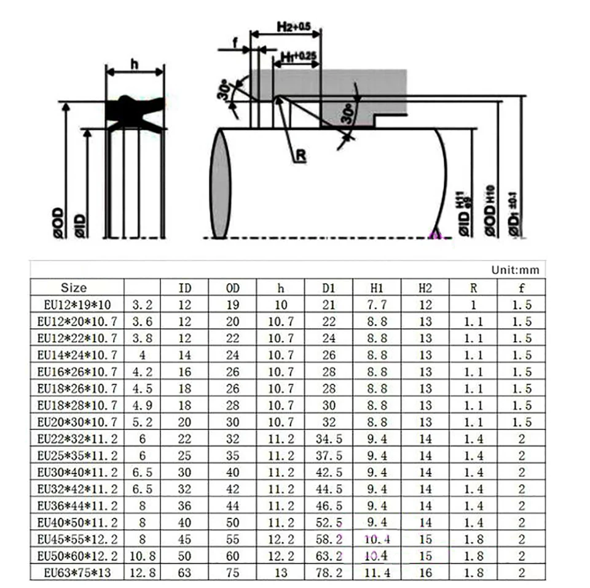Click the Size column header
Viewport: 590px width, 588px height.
point(74,288)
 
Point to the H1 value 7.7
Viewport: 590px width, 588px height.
point(377,304)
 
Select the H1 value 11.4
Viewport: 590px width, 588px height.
point(377,573)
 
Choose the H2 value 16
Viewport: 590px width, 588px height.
point(425,573)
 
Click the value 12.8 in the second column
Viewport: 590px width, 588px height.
point(142,573)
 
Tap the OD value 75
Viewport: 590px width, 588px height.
point(232,573)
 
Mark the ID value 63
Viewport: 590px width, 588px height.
point(184,573)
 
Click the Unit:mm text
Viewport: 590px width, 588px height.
point(515,270)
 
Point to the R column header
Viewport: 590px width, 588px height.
point(473,288)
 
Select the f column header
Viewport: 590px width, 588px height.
point(522,288)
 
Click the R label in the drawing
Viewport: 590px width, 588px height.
point(301,156)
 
